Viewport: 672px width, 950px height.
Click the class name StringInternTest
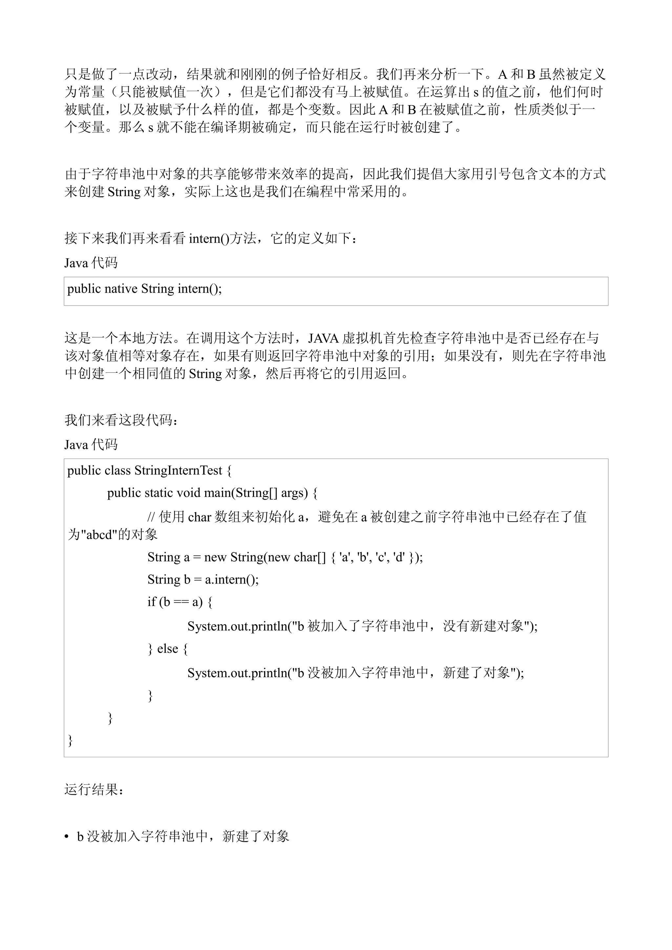tap(178, 471)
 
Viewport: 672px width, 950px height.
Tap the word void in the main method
tap(188, 493)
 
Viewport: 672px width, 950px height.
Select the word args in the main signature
tap(294, 493)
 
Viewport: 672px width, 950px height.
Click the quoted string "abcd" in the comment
tap(98, 535)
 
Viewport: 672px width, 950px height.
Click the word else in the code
tap(168, 649)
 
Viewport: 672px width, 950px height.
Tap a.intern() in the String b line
tap(231, 580)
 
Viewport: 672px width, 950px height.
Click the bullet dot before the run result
tap(67, 837)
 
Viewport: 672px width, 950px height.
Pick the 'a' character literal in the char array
tap(343, 557)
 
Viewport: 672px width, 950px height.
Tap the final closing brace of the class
tap(71, 740)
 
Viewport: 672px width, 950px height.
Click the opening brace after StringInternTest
tap(229, 471)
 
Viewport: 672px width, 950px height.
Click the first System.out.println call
tap(237, 626)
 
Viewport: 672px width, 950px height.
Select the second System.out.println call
tap(237, 673)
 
